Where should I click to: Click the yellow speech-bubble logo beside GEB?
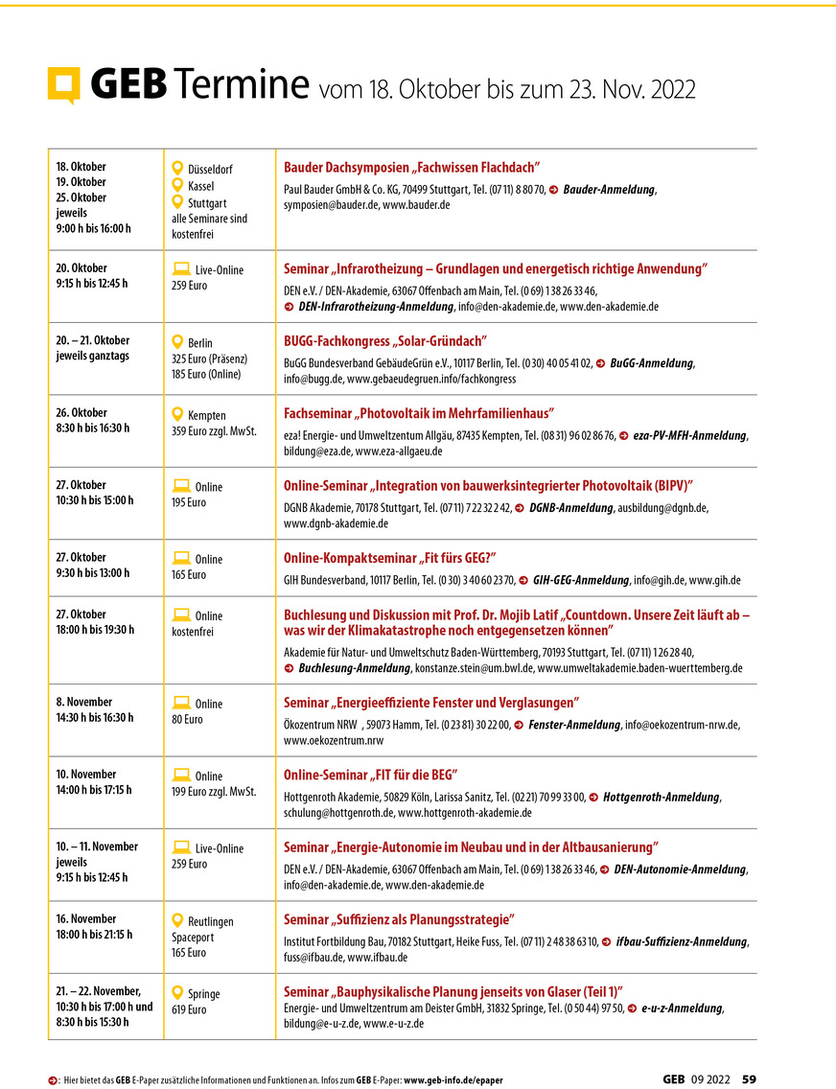[64, 85]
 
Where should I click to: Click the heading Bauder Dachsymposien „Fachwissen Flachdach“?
[412, 167]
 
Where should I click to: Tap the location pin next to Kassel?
[177, 185]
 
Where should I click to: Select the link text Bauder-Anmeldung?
[609, 190]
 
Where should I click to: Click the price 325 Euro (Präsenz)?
[209, 359]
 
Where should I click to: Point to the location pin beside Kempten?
[177, 414]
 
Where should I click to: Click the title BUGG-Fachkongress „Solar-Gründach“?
[386, 340]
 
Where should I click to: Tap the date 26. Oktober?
[81, 413]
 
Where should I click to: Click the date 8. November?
[84, 702]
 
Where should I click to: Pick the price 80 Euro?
[189, 720]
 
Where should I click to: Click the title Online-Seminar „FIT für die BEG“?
[370, 775]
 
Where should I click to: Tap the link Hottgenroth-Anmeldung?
[662, 797]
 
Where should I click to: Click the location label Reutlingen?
[211, 921]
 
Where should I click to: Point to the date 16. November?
[86, 918]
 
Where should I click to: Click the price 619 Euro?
[189, 1009]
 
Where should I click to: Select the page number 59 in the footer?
[749, 1078]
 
